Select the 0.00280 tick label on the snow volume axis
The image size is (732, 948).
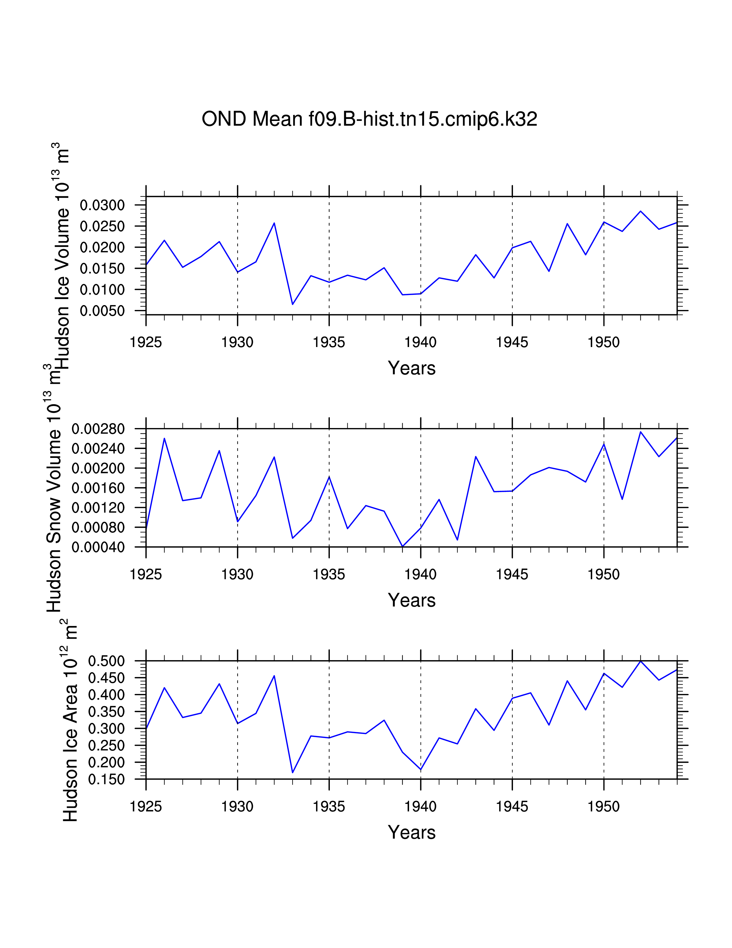[x=98, y=429]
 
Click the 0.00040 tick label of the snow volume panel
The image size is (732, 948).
[x=98, y=547]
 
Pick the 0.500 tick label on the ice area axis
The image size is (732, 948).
[x=106, y=661]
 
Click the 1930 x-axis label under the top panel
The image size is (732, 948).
[x=237, y=342]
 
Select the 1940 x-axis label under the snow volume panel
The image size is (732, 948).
[x=420, y=575]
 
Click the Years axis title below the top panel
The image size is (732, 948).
[x=412, y=368]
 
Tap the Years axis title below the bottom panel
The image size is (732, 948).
[x=412, y=833]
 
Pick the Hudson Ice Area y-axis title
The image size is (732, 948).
[x=69, y=720]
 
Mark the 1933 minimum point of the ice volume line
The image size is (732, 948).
[x=293, y=304]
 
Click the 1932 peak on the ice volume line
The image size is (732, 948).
[x=274, y=223]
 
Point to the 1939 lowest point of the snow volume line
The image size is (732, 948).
[x=402, y=546]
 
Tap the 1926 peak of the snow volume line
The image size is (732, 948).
[x=164, y=438]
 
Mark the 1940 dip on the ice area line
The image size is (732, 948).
[x=421, y=770]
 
